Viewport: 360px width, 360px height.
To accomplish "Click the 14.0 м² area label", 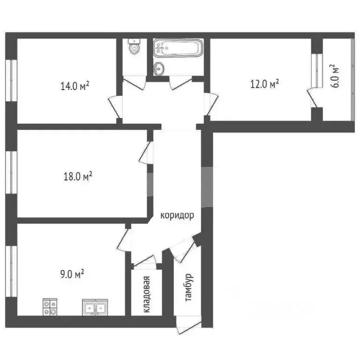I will click(75, 86).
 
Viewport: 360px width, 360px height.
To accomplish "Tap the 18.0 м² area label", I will click(78, 177).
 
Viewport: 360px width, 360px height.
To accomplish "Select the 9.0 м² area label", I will click(73, 273).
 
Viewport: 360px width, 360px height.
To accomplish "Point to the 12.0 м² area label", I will click(264, 84).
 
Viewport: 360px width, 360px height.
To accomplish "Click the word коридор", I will click(177, 216).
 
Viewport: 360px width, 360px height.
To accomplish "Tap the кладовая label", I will click(146, 294).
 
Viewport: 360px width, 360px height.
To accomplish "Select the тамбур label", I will click(189, 287).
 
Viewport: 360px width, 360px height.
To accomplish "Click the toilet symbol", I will click(135, 47).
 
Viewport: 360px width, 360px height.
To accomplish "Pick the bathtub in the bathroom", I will click(178, 48).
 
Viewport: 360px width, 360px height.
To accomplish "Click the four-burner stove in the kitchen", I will click(50, 307).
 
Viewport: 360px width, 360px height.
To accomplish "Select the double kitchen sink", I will click(95, 307).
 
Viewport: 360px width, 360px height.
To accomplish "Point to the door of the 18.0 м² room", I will click(145, 153).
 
